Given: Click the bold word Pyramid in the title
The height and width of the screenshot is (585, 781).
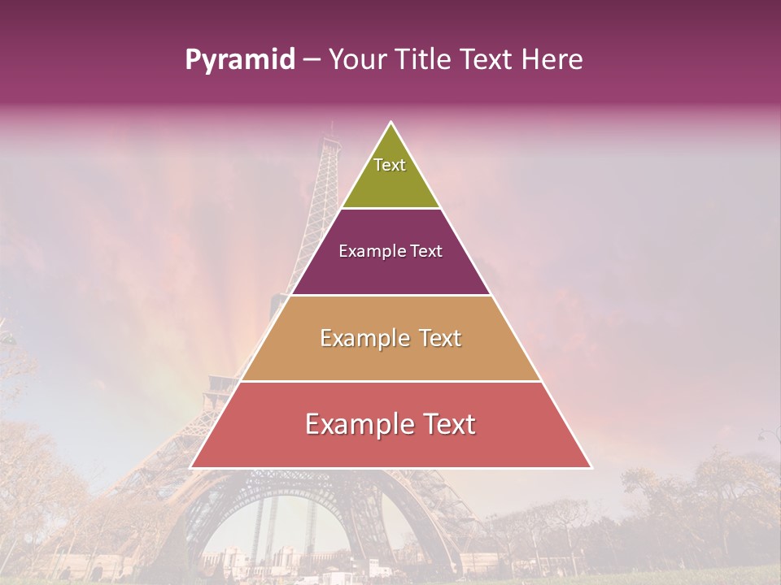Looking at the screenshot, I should pos(240,60).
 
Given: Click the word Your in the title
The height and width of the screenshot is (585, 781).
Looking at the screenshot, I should pos(356,60).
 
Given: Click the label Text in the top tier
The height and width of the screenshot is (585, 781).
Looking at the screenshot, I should pos(390,165).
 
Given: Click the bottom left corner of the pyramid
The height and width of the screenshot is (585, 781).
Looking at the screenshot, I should pos(192,467).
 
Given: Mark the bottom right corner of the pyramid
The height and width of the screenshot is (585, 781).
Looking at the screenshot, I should pos(591,467).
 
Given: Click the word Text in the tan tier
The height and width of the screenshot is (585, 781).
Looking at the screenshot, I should pos(440,338).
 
